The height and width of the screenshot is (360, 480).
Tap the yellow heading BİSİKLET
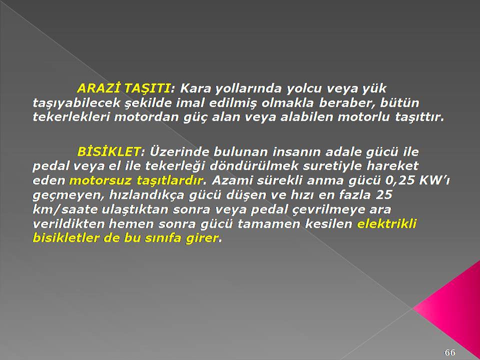tap(109, 151)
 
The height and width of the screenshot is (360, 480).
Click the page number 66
tap(449, 352)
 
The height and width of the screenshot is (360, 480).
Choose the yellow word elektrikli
tap(386, 224)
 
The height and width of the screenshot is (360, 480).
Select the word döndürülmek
tap(250, 166)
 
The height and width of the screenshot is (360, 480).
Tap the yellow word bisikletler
tap(66, 238)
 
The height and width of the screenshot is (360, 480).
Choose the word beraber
tap(347, 103)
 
